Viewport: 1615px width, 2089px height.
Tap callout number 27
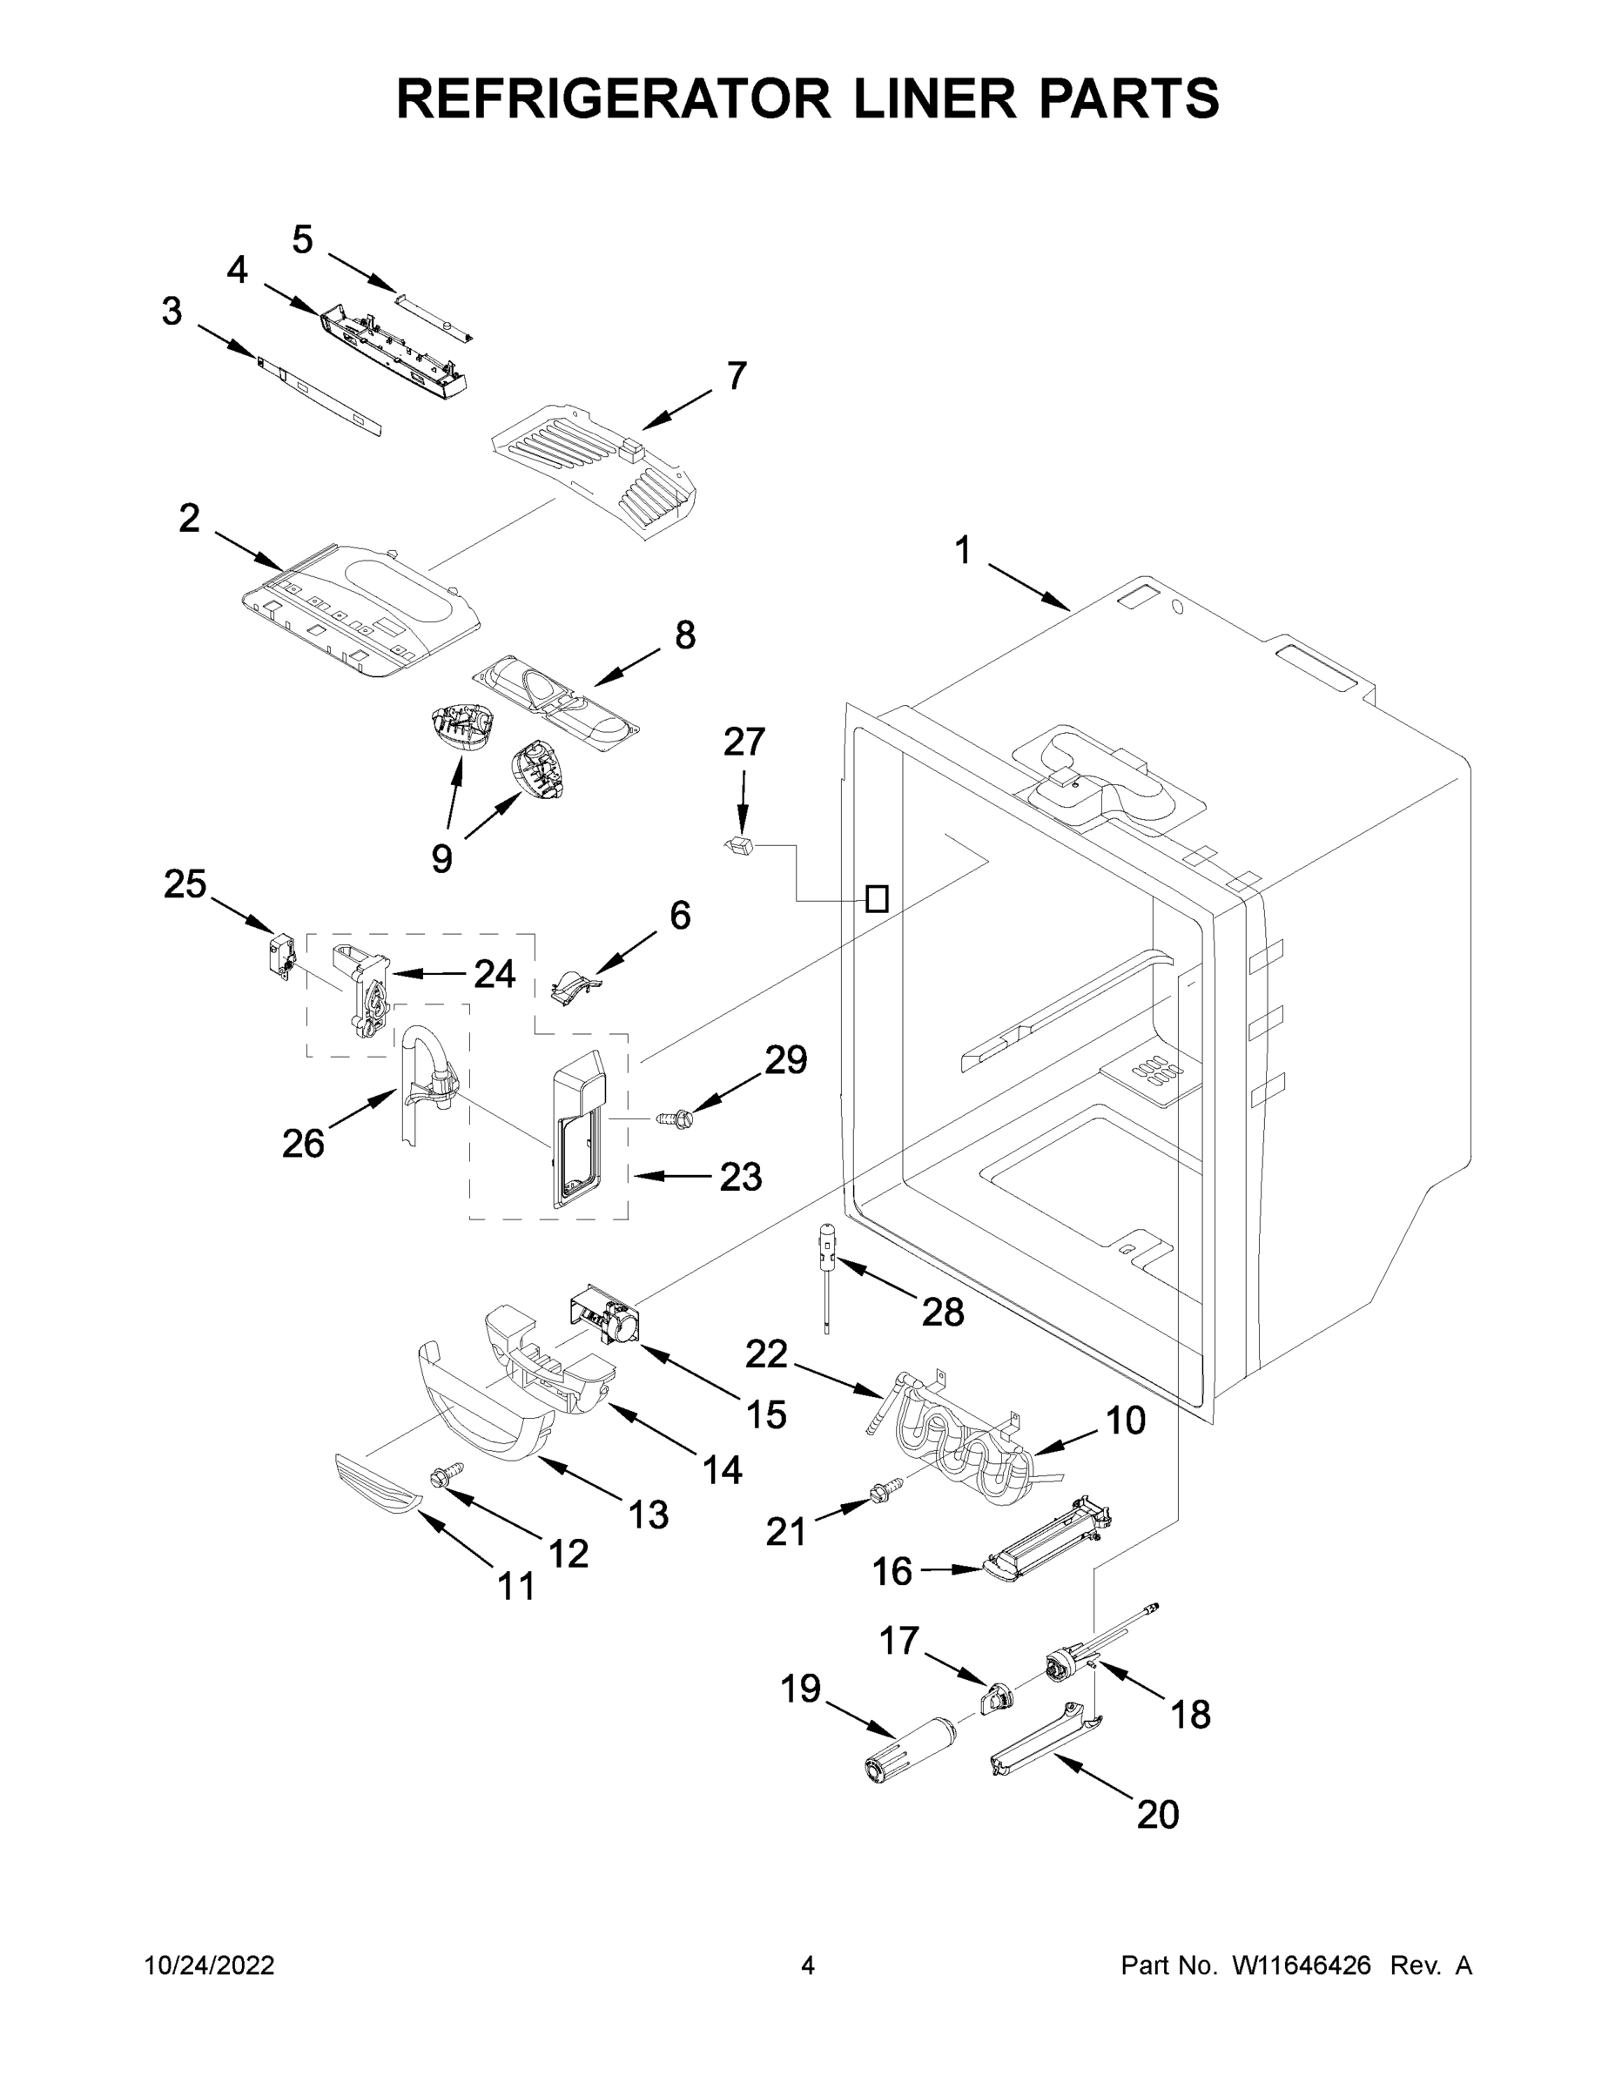point(744,742)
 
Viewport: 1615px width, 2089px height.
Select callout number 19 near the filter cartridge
point(800,1689)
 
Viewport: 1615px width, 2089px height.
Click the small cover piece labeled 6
point(574,985)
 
